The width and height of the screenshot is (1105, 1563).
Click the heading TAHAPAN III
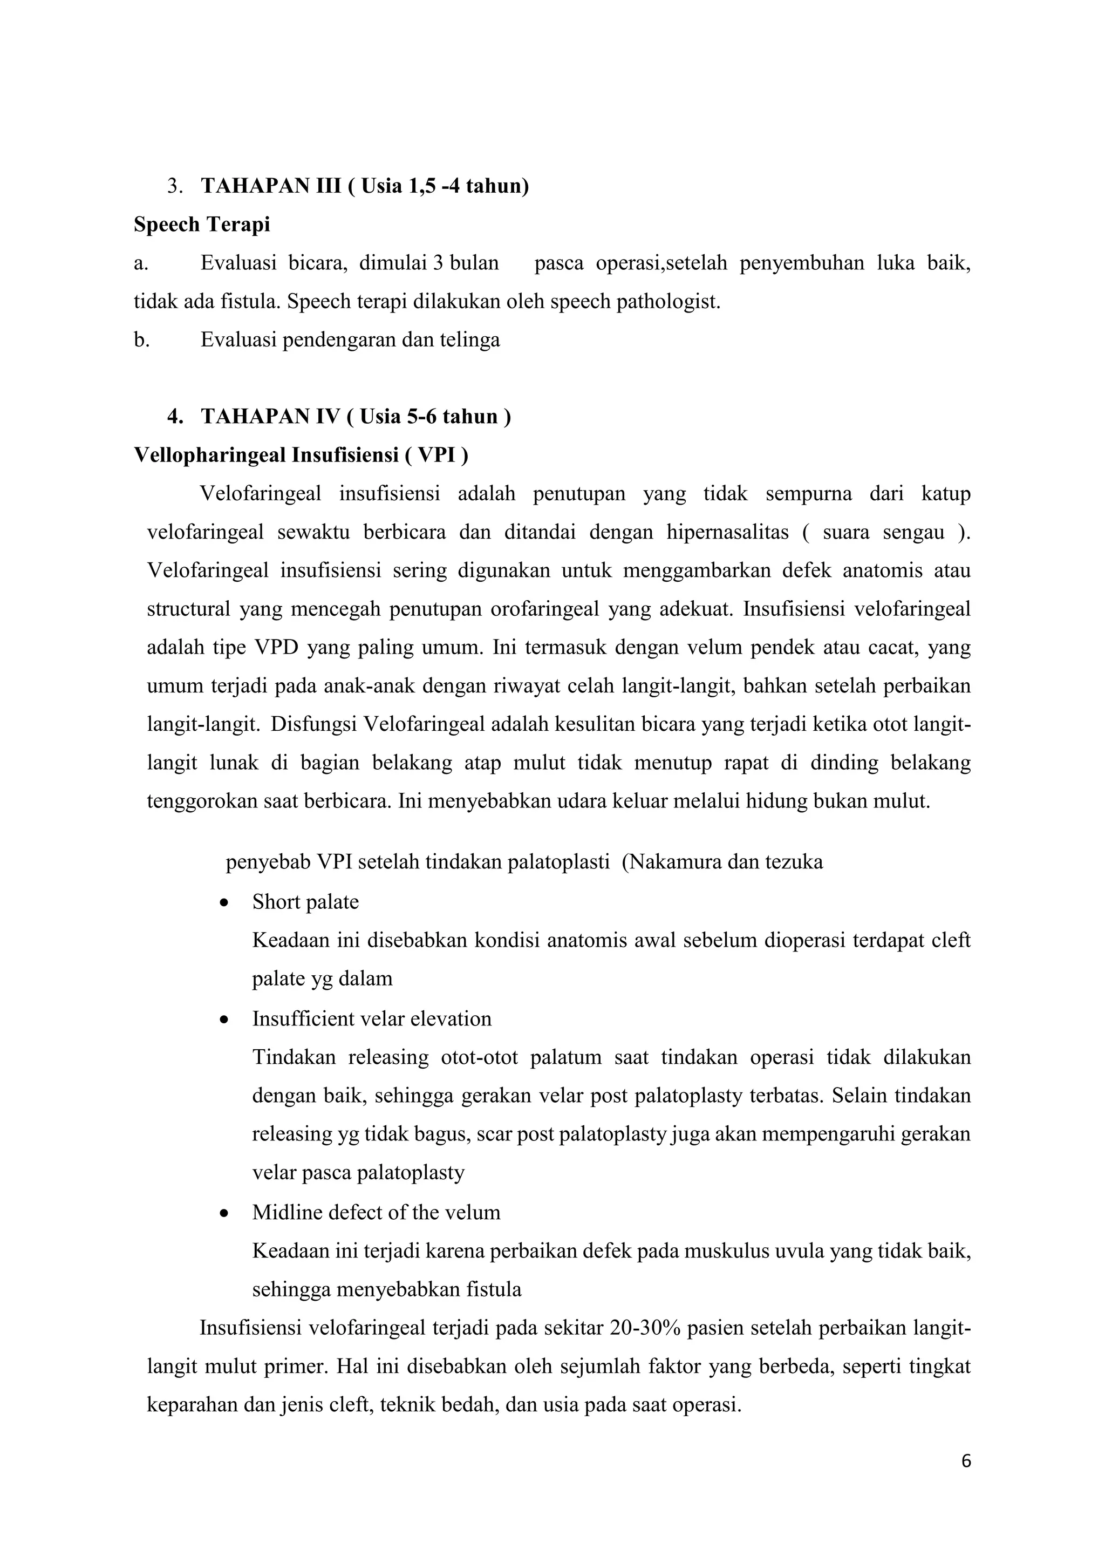tap(271, 186)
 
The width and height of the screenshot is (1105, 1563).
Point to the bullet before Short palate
tap(224, 903)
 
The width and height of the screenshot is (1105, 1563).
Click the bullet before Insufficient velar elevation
tap(224, 1020)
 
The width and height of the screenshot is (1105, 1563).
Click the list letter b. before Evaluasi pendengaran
tap(141, 339)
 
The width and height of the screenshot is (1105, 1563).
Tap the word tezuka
tap(794, 862)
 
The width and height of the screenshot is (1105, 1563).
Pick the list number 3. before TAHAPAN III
tap(174, 186)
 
